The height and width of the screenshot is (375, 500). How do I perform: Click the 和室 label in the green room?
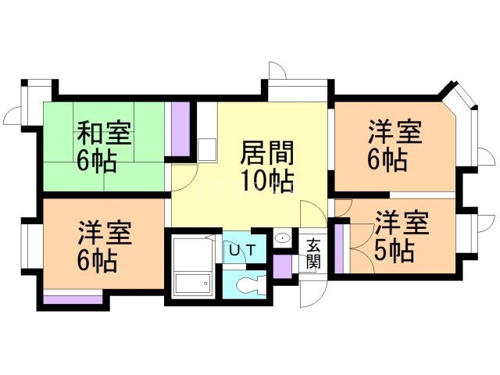[104, 133]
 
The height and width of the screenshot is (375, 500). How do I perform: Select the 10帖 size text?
[267, 181]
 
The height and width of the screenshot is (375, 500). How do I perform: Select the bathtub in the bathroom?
[192, 283]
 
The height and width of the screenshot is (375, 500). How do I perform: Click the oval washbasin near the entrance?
[284, 237]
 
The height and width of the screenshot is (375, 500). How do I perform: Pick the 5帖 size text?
[393, 252]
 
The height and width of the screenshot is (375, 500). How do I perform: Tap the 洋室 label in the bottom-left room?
[104, 232]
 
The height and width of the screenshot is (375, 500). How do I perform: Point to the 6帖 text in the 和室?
[96, 161]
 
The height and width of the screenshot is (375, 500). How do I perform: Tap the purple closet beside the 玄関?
[283, 267]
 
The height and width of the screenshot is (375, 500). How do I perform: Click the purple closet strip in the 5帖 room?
[338, 249]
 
